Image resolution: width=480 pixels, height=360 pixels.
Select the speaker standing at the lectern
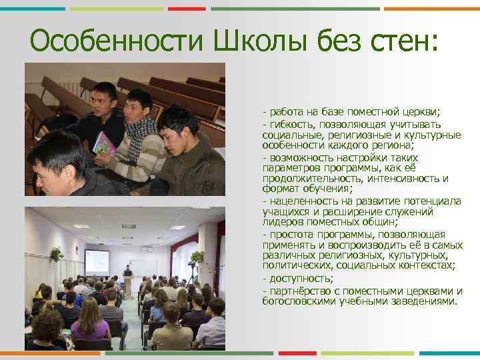coord(127,274)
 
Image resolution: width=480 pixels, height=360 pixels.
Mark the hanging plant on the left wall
coord(56,254)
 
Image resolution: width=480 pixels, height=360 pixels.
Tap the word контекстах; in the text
coord(426,265)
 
